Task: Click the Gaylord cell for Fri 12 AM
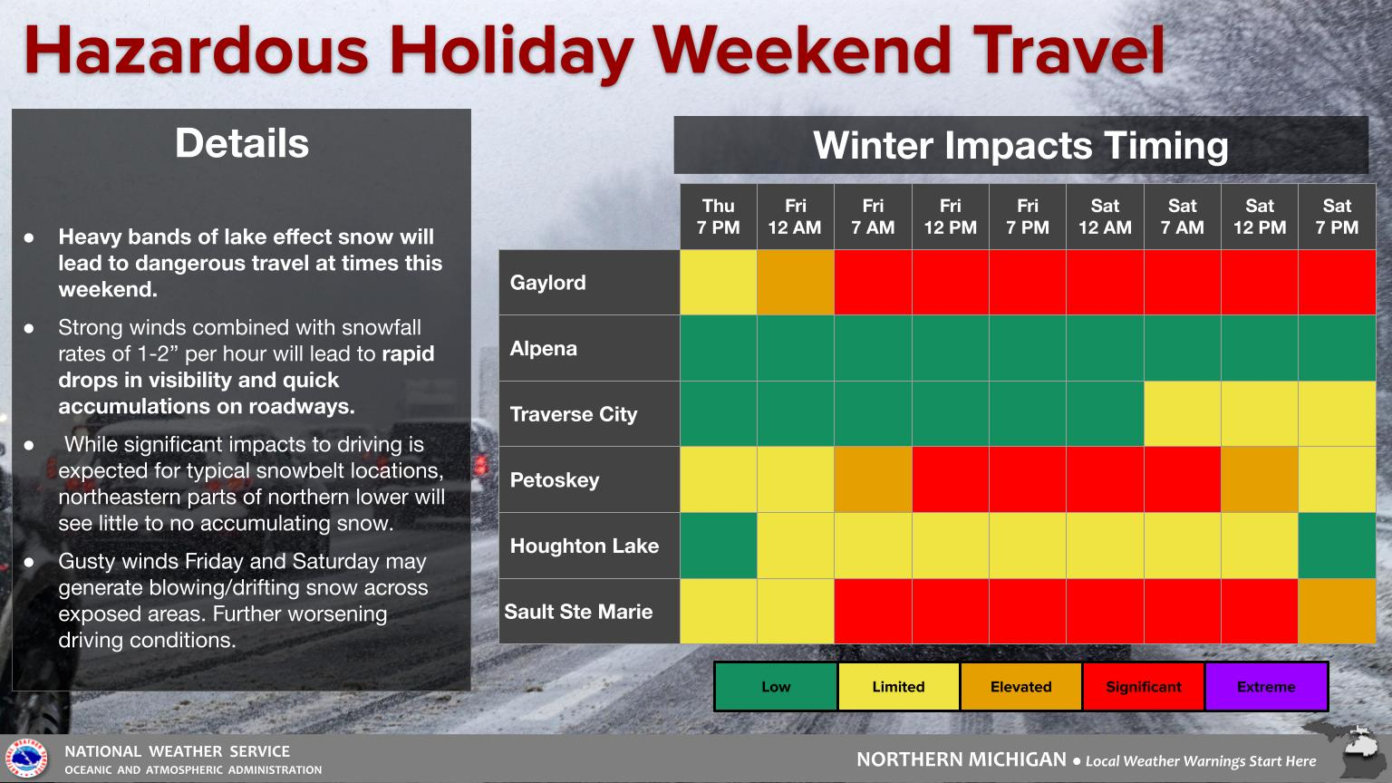796,282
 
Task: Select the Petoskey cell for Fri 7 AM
873,479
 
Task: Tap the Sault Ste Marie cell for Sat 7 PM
1337,611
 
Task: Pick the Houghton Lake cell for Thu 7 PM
719,546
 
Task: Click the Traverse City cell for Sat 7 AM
1183,414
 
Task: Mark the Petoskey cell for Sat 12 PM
1260,479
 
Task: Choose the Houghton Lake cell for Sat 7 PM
1337,546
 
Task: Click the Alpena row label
544,348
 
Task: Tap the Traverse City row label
574,414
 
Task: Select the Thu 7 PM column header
719,217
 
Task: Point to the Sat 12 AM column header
1105,217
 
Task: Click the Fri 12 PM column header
950,217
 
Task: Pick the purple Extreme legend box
1266,687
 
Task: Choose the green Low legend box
776,687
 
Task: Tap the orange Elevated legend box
1021,687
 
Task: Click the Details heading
242,143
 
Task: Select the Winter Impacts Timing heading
1020,145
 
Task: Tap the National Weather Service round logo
26,759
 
